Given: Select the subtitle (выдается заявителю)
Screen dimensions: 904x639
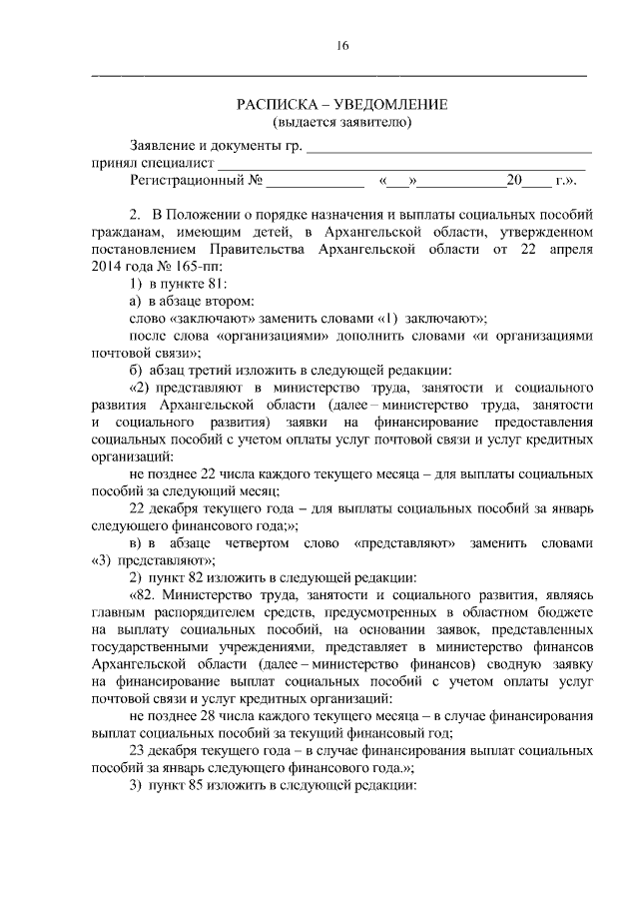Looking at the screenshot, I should pos(342,123).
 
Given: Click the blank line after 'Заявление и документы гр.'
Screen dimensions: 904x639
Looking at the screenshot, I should pos(448,148).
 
